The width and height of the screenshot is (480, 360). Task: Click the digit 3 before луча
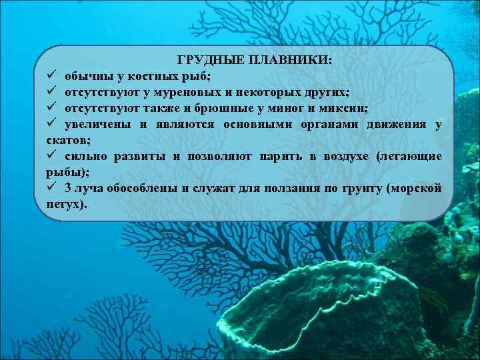pos(68,189)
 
